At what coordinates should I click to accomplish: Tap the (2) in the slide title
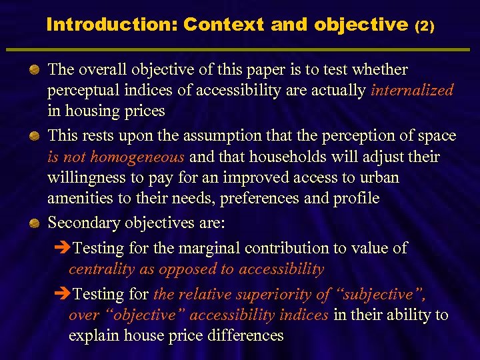coord(424,26)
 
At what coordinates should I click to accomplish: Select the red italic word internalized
coord(412,90)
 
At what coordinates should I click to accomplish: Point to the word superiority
coord(275,294)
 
